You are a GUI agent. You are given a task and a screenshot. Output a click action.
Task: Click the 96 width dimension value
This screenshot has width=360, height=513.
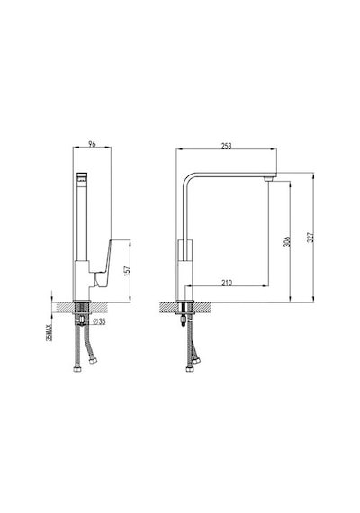click(x=93, y=144)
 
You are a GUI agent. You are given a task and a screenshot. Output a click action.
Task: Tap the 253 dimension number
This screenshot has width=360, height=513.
click(x=226, y=146)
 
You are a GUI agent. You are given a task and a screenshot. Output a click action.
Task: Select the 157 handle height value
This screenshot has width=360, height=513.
click(x=127, y=270)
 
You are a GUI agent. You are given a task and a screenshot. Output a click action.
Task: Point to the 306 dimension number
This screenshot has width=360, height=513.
click(x=287, y=241)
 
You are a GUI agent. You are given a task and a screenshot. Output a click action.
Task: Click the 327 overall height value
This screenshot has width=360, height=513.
click(x=310, y=238)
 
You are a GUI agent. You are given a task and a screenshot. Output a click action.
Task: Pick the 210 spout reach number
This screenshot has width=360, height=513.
click(x=227, y=283)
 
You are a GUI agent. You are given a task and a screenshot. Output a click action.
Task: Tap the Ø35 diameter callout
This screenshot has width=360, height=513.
click(x=99, y=321)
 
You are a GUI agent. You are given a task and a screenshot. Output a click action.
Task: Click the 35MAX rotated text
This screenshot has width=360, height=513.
click(x=49, y=332)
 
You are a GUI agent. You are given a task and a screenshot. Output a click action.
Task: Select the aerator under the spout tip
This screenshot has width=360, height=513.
click(x=268, y=179)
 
